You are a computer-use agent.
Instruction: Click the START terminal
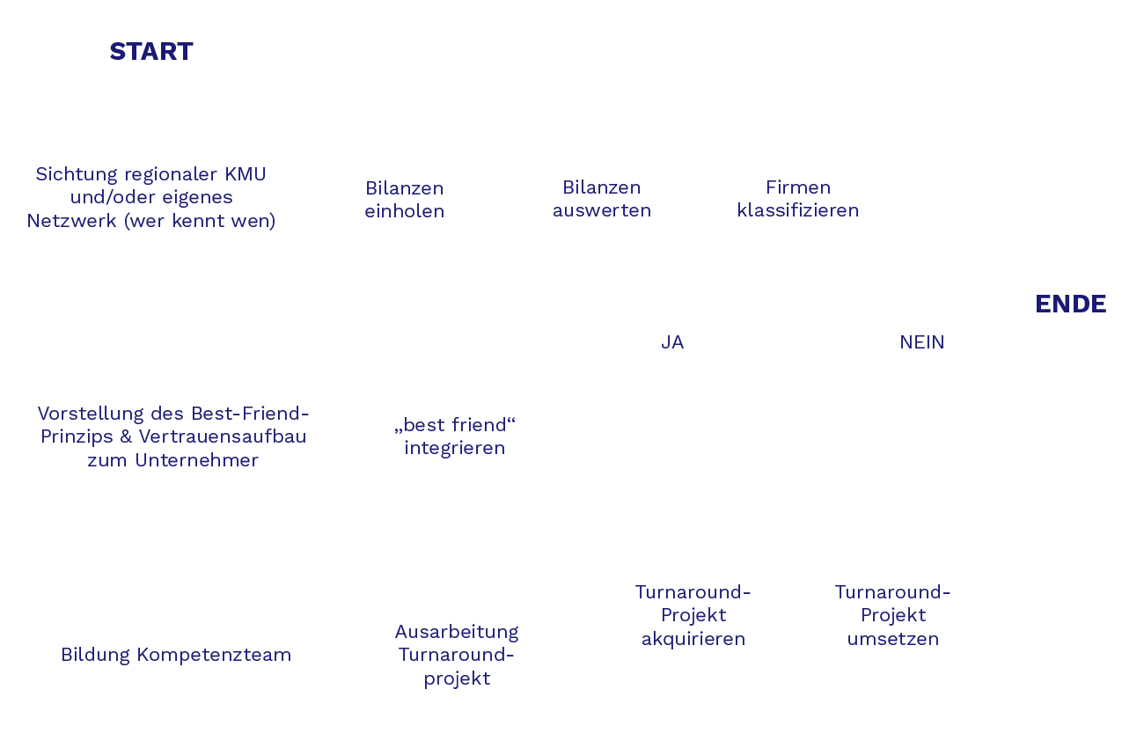coord(151,53)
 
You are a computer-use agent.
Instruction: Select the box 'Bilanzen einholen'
coord(405,201)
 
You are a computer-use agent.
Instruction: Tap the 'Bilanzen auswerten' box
coord(601,200)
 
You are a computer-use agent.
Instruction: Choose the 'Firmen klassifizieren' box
coord(797,200)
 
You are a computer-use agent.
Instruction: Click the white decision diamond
coord(797,303)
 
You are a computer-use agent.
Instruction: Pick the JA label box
coord(673,341)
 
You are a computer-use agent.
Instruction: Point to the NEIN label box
coord(921,341)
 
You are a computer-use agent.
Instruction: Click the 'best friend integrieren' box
coord(454,437)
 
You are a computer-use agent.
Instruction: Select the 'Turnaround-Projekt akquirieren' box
coord(693,615)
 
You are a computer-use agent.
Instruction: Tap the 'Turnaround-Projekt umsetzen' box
coord(892,615)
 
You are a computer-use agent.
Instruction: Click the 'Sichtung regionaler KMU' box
coord(159,200)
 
